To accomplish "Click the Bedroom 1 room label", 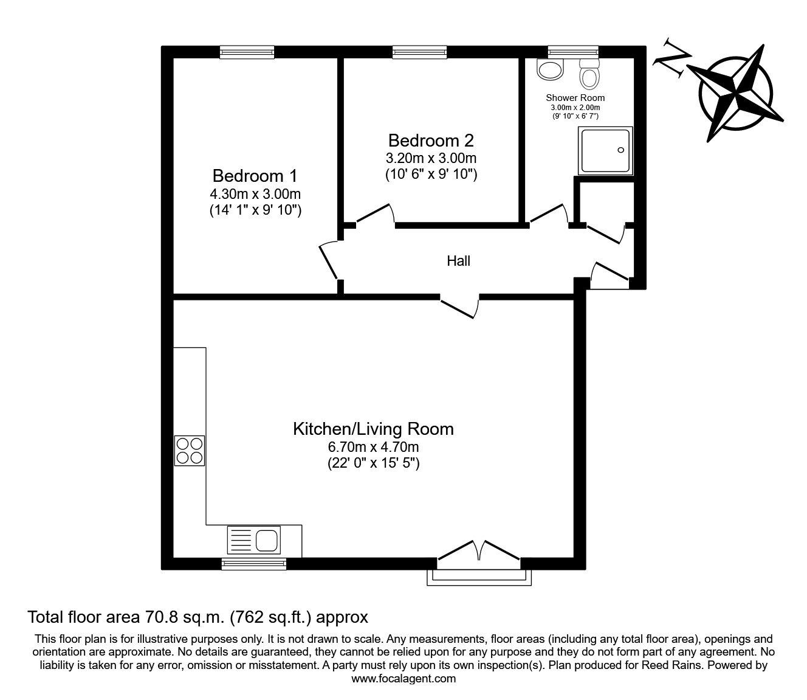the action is coord(255,176).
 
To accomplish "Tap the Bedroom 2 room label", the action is coord(431,140).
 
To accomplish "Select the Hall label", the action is coord(458,261).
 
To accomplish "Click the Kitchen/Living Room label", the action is coord(373,429).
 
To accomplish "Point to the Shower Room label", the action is coord(575,98).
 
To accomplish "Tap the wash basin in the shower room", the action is coord(551,69).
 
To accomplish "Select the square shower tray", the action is coord(605,151).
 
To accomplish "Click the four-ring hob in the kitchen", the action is coord(190,451).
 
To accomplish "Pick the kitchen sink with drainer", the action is coord(254,540).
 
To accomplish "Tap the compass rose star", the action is coord(735,94).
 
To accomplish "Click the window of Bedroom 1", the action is coord(247,52).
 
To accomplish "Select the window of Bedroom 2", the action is coord(420,52).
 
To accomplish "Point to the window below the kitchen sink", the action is coord(254,564).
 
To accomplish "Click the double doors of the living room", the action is coord(479,555).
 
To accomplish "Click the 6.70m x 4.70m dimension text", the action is coord(373,446).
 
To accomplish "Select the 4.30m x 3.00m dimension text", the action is coord(255,194).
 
